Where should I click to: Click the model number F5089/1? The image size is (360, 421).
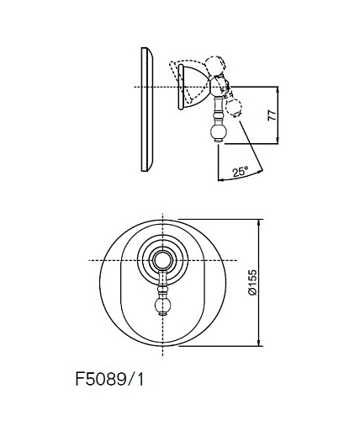tap(109, 380)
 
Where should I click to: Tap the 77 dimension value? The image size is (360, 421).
tap(272, 115)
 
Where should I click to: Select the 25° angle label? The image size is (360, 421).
tap(241, 171)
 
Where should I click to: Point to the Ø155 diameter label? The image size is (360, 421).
tap(252, 282)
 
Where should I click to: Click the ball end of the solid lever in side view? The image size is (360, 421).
tap(219, 133)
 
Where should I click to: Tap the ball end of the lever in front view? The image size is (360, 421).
tap(162, 306)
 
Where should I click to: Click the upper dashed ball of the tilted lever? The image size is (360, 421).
tap(214, 66)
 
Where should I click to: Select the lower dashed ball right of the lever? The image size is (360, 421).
tap(234, 108)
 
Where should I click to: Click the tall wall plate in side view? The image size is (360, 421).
tap(147, 109)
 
